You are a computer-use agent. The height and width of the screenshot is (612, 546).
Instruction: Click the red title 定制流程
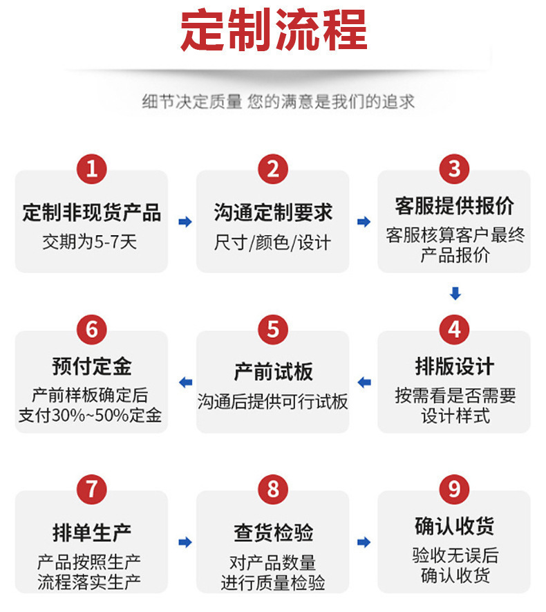tap(273, 30)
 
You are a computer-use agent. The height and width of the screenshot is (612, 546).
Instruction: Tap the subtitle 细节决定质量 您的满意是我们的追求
tap(279, 102)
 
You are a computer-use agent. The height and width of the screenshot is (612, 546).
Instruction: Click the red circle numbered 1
tap(91, 169)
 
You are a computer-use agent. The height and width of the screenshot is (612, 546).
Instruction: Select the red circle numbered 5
tap(273, 329)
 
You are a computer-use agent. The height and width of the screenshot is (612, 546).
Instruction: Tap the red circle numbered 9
tap(454, 490)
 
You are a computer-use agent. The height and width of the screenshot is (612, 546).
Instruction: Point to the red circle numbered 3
tap(454, 169)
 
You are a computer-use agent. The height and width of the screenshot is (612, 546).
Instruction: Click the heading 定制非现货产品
tap(91, 212)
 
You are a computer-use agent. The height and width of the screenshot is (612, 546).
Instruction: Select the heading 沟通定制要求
tap(273, 212)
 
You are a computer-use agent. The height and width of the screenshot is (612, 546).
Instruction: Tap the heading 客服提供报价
tap(454, 205)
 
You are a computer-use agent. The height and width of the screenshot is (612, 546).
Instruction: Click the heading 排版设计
tap(454, 366)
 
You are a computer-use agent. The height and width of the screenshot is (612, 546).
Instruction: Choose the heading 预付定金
tap(91, 366)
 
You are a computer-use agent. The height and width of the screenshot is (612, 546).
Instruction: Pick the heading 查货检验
tap(273, 532)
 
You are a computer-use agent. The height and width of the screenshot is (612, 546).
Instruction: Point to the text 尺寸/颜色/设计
tap(272, 243)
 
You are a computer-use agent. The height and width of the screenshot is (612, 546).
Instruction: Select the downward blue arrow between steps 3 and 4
tap(455, 293)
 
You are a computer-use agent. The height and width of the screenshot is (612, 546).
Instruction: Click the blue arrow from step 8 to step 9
tap(364, 542)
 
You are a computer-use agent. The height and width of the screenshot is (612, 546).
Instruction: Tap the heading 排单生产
tap(91, 532)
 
